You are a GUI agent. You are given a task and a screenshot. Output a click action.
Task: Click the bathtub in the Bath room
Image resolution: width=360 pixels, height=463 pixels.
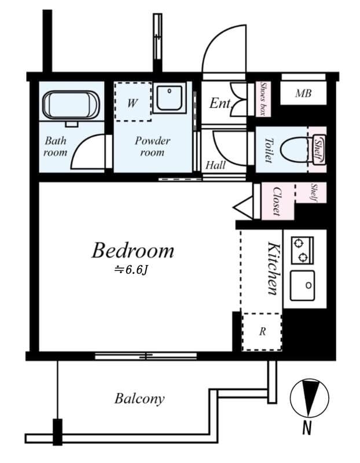[x=71, y=105]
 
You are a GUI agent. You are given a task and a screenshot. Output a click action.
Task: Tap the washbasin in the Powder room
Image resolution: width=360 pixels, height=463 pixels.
[x=169, y=98]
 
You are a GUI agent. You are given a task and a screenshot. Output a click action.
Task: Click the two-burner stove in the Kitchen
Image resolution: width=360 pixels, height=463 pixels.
[x=302, y=250]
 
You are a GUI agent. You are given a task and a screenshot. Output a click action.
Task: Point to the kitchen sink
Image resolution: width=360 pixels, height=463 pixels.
[x=302, y=285]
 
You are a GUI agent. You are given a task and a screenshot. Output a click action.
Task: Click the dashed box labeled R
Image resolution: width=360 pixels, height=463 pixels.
[x=262, y=332]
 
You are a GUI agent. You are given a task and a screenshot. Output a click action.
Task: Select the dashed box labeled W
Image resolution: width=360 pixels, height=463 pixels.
[x=133, y=101]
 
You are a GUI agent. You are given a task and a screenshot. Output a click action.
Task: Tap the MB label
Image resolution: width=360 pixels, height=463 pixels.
[x=303, y=93]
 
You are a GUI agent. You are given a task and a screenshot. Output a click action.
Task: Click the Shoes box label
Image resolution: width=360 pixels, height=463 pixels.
[x=263, y=99]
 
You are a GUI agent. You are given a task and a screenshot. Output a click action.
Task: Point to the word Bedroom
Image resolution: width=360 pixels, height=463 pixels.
[x=133, y=251]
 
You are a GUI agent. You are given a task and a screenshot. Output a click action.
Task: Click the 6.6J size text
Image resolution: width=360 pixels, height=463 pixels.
[x=131, y=270]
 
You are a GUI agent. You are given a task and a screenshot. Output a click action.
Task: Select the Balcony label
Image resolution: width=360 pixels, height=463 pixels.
[x=139, y=399]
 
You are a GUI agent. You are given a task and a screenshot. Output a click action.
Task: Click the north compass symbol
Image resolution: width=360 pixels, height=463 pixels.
[x=309, y=398]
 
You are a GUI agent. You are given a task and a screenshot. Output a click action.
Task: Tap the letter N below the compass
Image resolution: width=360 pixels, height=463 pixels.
[x=307, y=428]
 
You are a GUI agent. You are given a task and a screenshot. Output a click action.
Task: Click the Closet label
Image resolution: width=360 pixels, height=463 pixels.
[x=277, y=201]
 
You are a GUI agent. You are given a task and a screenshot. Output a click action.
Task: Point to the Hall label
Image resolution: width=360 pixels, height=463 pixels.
[x=215, y=165]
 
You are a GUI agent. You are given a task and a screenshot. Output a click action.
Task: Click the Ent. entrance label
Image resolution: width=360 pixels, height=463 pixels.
[x=221, y=104]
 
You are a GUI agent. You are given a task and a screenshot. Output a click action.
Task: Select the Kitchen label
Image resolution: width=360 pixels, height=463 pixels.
[x=273, y=268]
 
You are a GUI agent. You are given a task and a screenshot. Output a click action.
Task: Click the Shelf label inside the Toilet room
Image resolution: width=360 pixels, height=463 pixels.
[x=318, y=149]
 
